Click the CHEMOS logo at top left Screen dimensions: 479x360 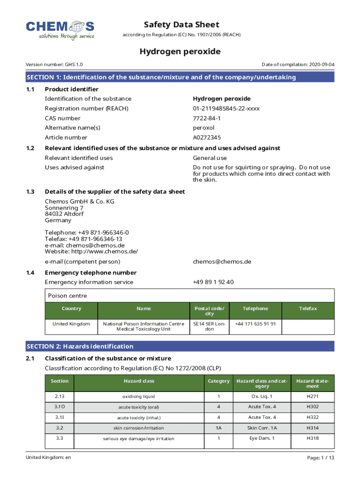pyautogui.click(x=60, y=29)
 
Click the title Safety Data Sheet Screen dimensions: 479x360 pyautogui.click(x=181, y=24)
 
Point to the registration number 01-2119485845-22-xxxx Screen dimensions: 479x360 pyautogui.click(x=226, y=109)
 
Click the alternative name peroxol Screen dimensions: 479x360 pyautogui.click(x=203, y=128)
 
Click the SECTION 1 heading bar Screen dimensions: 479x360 pyautogui.click(x=180, y=77)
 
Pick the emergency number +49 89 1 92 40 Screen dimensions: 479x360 pyautogui.click(x=213, y=282)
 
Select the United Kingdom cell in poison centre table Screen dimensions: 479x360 pyautogui.click(x=71, y=324)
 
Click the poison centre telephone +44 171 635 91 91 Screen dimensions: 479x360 pyautogui.click(x=255, y=324)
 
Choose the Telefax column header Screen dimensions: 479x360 pyautogui.click(x=308, y=308)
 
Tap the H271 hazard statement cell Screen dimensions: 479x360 pyautogui.click(x=312, y=397)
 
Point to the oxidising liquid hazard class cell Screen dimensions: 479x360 pyautogui.click(x=139, y=397)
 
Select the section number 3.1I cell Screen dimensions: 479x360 pyautogui.click(x=59, y=417)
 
